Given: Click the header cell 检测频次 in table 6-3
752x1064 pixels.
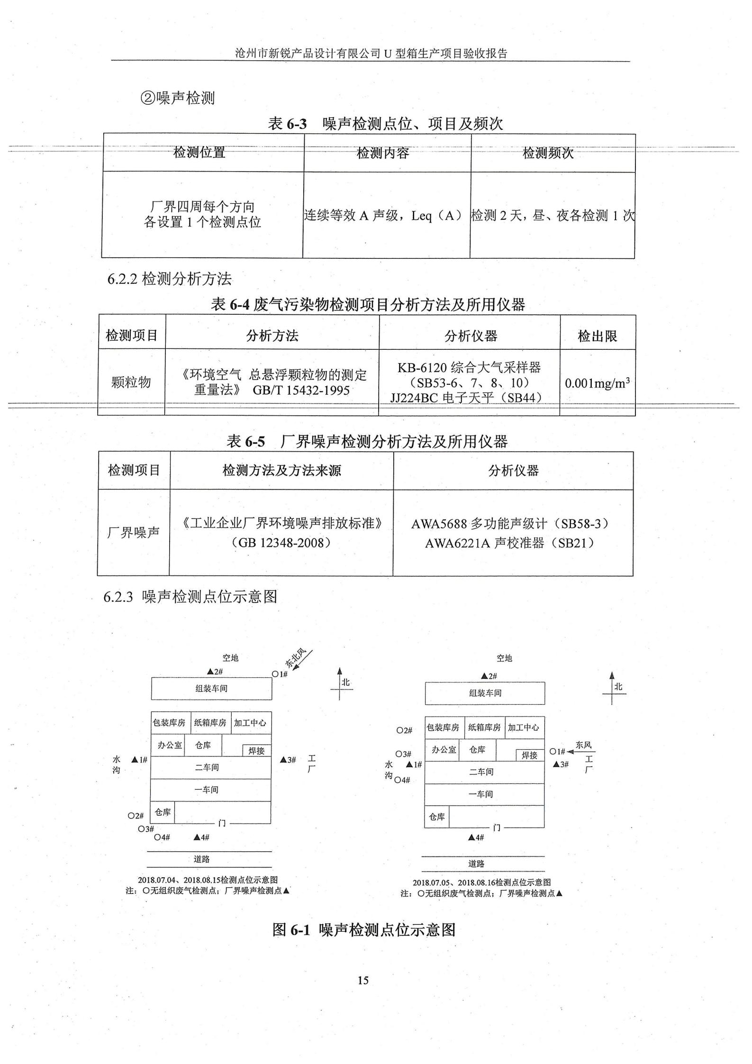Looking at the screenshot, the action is (x=548, y=153).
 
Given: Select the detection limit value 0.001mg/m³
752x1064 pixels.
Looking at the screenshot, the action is (x=597, y=382).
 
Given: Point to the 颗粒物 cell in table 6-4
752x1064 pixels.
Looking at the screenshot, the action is (x=131, y=382).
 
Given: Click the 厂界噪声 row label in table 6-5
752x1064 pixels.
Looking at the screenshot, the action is (x=133, y=533).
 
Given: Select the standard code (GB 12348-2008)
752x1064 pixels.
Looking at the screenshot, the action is (x=281, y=542).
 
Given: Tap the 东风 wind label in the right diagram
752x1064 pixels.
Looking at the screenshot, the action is (x=584, y=745).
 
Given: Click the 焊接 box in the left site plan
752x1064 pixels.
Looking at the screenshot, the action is (x=257, y=751).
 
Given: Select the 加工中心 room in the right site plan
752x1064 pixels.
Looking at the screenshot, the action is (x=524, y=728).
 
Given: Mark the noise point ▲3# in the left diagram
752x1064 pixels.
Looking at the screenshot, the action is (x=288, y=760).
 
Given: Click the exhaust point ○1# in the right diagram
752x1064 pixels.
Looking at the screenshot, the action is (x=557, y=751).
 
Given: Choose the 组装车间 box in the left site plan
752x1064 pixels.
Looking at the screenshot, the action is (x=211, y=688).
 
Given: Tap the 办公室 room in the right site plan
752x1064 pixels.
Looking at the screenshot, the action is (x=444, y=749).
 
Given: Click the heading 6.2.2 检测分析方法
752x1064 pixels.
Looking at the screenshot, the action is (x=170, y=279).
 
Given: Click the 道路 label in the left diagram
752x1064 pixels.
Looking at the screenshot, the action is (x=201, y=859).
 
